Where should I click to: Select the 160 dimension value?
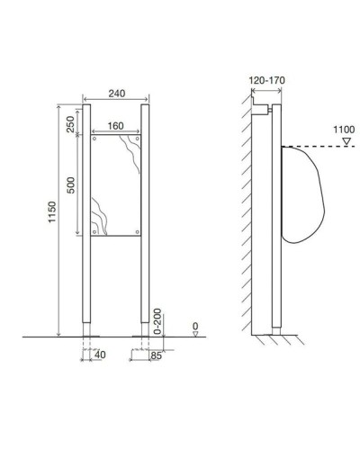click(x=115, y=124)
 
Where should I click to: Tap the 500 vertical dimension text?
click(x=71, y=186)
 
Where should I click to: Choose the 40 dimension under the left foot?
click(x=101, y=355)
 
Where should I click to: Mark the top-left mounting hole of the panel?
click(x=95, y=139)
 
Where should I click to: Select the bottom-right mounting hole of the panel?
click(x=136, y=234)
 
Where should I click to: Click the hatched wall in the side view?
click(x=247, y=216)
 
